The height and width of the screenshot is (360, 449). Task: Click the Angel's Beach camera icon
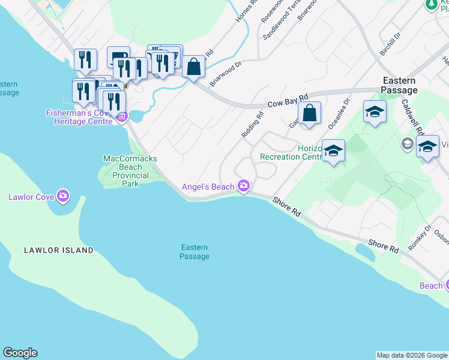click(x=243, y=186)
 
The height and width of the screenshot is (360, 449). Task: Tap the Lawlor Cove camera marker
click(x=63, y=196)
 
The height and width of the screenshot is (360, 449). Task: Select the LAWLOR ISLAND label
click(x=59, y=250)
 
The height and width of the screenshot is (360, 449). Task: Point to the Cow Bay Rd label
click(x=288, y=100)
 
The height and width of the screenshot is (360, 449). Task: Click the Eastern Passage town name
click(x=399, y=85)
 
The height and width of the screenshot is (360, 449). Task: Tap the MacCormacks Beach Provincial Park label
click(x=130, y=171)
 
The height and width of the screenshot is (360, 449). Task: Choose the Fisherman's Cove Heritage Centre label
click(x=79, y=117)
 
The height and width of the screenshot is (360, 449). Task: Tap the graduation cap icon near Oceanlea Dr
click(x=375, y=112)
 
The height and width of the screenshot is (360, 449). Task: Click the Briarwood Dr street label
click(x=225, y=71)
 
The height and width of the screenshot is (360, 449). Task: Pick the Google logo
click(x=20, y=353)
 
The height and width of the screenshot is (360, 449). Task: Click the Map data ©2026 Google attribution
click(x=412, y=355)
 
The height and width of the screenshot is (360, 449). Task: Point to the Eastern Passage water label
click(x=194, y=252)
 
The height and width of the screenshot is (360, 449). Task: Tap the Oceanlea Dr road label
click(x=337, y=115)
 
